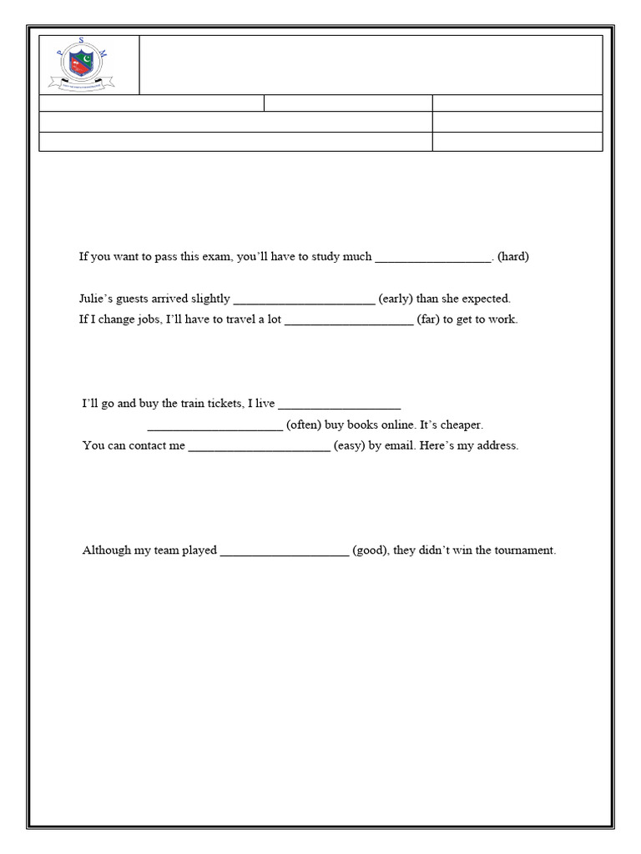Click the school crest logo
[80, 65]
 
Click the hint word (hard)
[512, 257]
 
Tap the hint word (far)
[428, 320]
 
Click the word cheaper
[462, 424]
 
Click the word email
[400, 445]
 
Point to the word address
[497, 445]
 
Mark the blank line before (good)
[285, 552]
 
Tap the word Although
[108, 550]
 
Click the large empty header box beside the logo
[371, 65]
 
